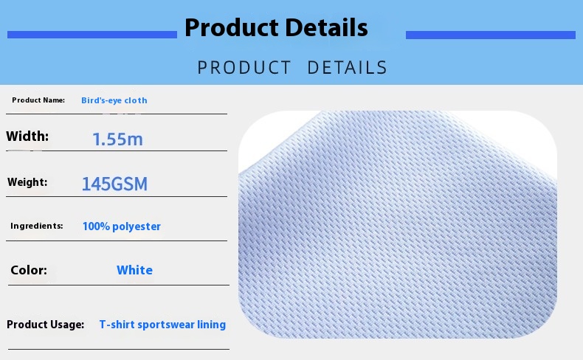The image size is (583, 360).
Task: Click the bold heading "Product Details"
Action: pos(276,28)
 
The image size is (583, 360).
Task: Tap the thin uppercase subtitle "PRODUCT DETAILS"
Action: pos(292,68)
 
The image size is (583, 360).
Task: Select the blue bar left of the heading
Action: pos(92,35)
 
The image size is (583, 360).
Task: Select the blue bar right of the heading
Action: pos(490,35)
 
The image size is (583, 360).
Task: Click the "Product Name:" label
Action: pos(38,100)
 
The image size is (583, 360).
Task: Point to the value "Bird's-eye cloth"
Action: pos(114,100)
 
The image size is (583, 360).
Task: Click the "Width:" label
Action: pos(27,136)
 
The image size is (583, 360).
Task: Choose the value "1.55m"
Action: pos(117,139)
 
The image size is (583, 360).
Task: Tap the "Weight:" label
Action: pos(27,182)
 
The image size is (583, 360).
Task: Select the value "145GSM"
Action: pos(114,184)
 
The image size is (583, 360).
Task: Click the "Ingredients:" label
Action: pos(37,226)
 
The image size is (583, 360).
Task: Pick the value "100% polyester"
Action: pos(121,226)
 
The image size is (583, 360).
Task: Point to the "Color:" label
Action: pos(29,270)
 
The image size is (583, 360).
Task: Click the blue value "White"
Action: pos(134,270)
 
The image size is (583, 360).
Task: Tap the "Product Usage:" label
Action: pos(45,325)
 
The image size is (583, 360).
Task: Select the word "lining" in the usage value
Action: pos(211,325)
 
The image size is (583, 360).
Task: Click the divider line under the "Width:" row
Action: pos(117,151)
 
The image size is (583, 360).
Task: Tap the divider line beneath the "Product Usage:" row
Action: pos(118,349)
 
